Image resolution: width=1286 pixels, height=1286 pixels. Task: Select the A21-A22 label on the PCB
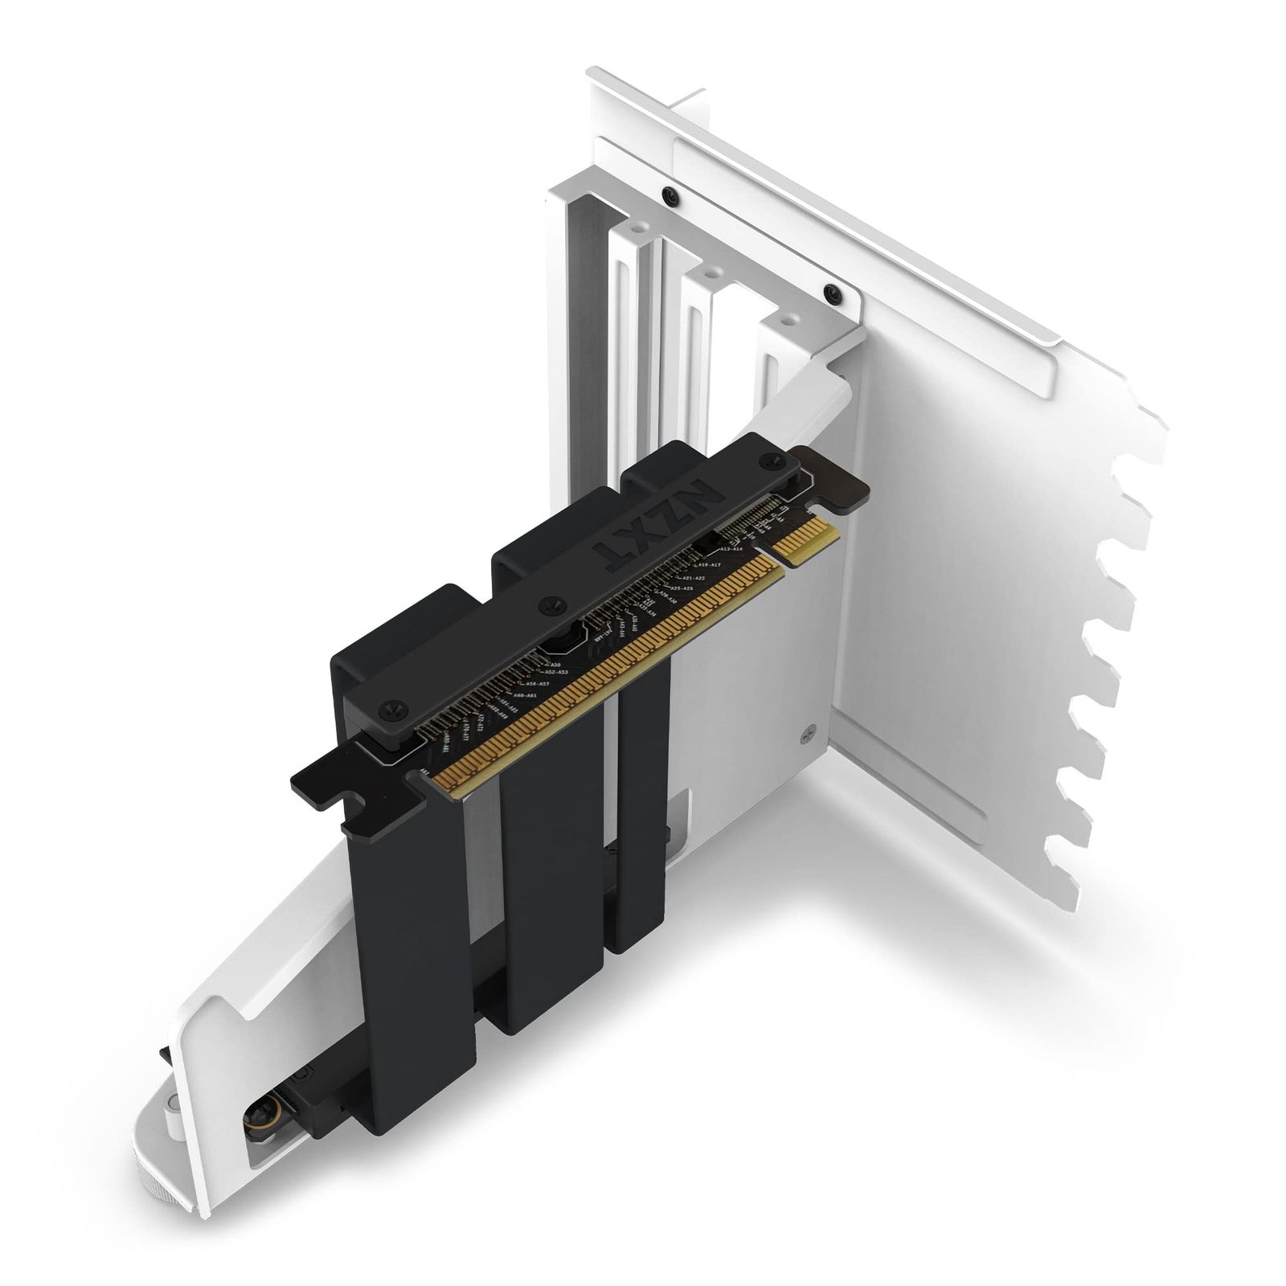point(693,578)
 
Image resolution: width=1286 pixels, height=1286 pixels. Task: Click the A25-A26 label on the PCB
point(682,589)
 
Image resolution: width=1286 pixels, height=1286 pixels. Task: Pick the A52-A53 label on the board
point(555,671)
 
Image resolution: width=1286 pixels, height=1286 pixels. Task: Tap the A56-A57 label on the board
point(536,683)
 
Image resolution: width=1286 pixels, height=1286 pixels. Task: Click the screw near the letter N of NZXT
point(773,461)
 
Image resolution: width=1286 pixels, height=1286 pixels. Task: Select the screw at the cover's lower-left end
point(391,709)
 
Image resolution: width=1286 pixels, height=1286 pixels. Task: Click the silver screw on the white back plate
point(809,733)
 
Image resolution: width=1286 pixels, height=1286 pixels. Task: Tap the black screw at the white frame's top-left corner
point(669,194)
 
